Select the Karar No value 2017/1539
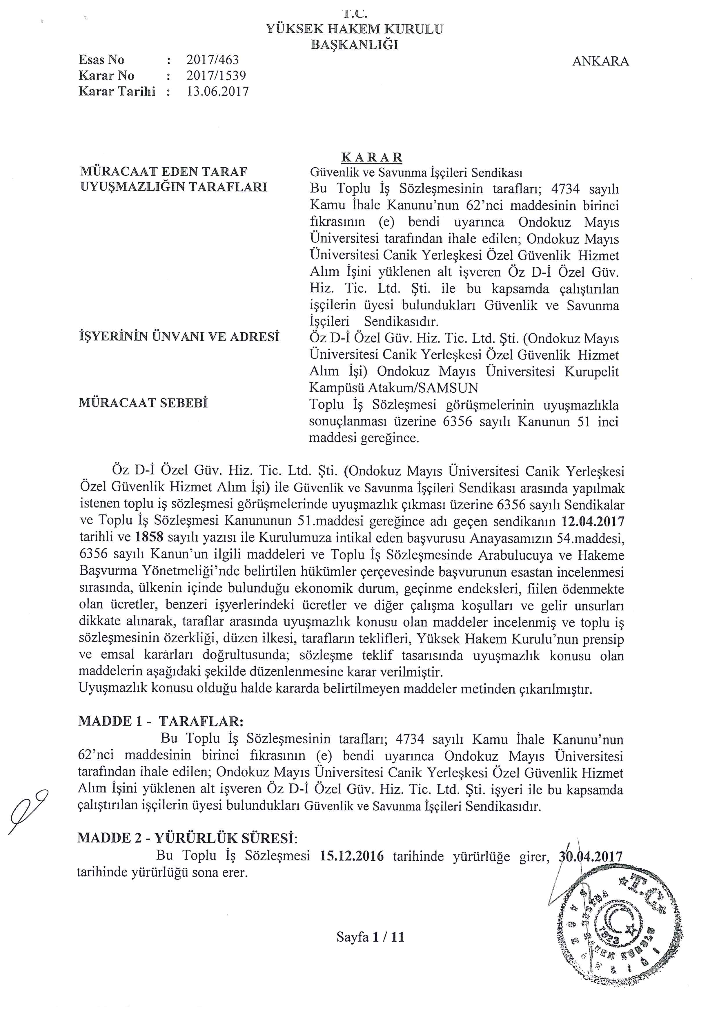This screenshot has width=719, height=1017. click(216, 76)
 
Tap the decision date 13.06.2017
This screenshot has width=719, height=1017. click(218, 92)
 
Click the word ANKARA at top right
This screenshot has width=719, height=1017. click(600, 61)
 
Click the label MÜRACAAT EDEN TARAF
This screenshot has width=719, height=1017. click(163, 172)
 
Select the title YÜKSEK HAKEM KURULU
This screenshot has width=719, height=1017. click(354, 29)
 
